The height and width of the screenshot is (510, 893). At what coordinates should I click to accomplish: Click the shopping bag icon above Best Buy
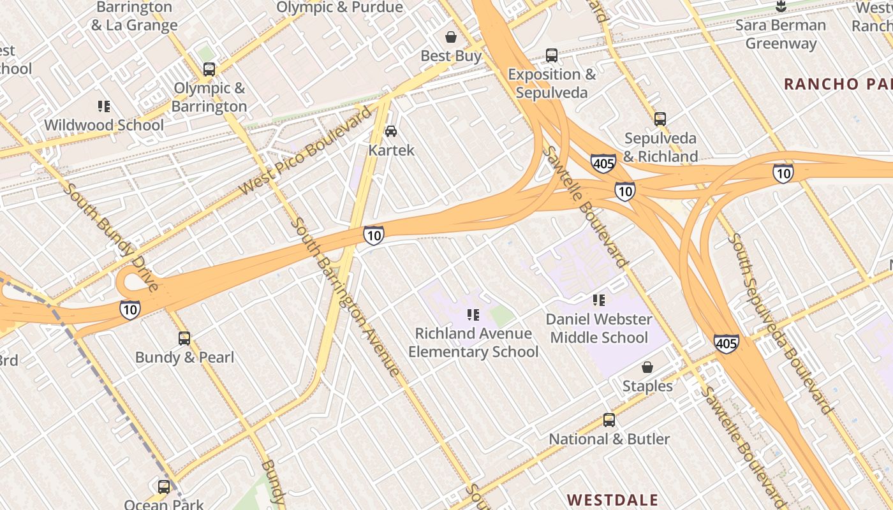[x=451, y=37]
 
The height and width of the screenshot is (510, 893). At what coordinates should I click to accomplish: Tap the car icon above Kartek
[x=391, y=131]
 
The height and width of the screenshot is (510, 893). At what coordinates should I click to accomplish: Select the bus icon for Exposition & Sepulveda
[x=552, y=55]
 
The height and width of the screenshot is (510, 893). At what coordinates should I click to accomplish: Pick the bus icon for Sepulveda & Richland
[x=660, y=119]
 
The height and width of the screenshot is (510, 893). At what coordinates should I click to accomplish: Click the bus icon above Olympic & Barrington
[x=209, y=69]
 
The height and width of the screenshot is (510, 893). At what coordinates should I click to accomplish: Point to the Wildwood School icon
[x=104, y=106]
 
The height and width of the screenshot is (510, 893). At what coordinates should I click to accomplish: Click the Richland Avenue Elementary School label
[x=473, y=342]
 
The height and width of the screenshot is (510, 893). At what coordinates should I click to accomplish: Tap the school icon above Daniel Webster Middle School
[x=598, y=300]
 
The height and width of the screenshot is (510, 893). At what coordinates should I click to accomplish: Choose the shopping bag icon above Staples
[x=647, y=367]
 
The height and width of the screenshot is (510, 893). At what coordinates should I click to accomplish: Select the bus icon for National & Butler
[x=609, y=420]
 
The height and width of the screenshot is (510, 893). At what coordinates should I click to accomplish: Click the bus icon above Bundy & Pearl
[x=184, y=339]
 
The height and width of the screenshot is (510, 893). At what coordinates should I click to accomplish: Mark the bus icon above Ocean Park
[x=164, y=487]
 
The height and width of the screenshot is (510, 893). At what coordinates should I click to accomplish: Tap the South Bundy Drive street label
[x=111, y=237]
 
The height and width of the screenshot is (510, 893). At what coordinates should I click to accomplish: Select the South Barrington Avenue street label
[x=344, y=296]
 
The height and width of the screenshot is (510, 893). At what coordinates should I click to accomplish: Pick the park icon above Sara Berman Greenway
[x=780, y=7]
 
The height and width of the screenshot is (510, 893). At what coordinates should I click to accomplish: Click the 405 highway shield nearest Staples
[x=726, y=344]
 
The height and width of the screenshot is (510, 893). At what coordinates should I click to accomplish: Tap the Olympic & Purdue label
[x=339, y=8]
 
